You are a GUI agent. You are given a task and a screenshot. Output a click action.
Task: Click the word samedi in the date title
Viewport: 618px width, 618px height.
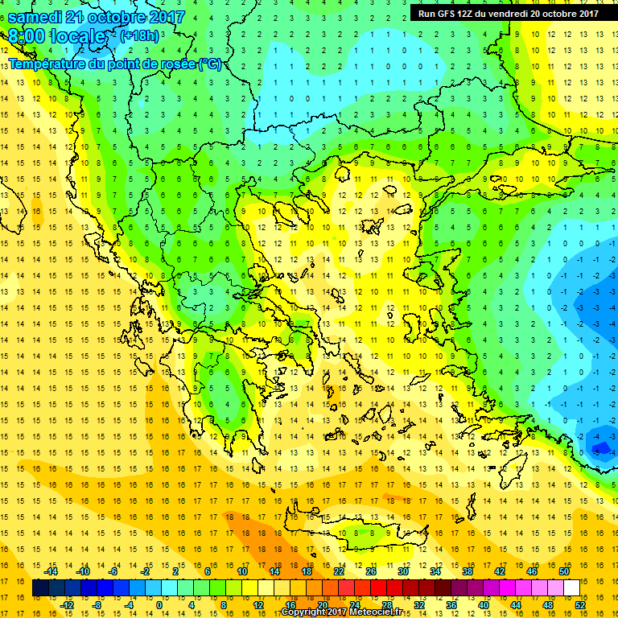[38, 17]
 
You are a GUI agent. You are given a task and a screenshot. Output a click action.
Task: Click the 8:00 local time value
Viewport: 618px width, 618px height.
[32, 36]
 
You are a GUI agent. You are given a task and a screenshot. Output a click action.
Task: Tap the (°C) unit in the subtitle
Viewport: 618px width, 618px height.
[208, 64]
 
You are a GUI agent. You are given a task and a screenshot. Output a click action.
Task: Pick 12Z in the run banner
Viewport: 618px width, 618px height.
[475, 13]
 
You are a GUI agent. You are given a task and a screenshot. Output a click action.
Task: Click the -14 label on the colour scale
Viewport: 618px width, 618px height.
[51, 571]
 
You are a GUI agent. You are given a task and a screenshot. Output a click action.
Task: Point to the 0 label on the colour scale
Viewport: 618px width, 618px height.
[159, 605]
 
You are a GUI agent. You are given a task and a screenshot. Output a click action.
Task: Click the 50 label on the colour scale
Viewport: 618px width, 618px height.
[563, 571]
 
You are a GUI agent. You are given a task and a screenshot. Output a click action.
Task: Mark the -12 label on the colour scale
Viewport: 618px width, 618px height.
[68, 605]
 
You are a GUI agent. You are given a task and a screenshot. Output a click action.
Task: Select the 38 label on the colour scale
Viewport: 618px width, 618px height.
[467, 571]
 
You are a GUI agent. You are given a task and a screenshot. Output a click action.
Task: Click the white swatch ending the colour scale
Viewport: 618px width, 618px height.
[571, 588]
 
